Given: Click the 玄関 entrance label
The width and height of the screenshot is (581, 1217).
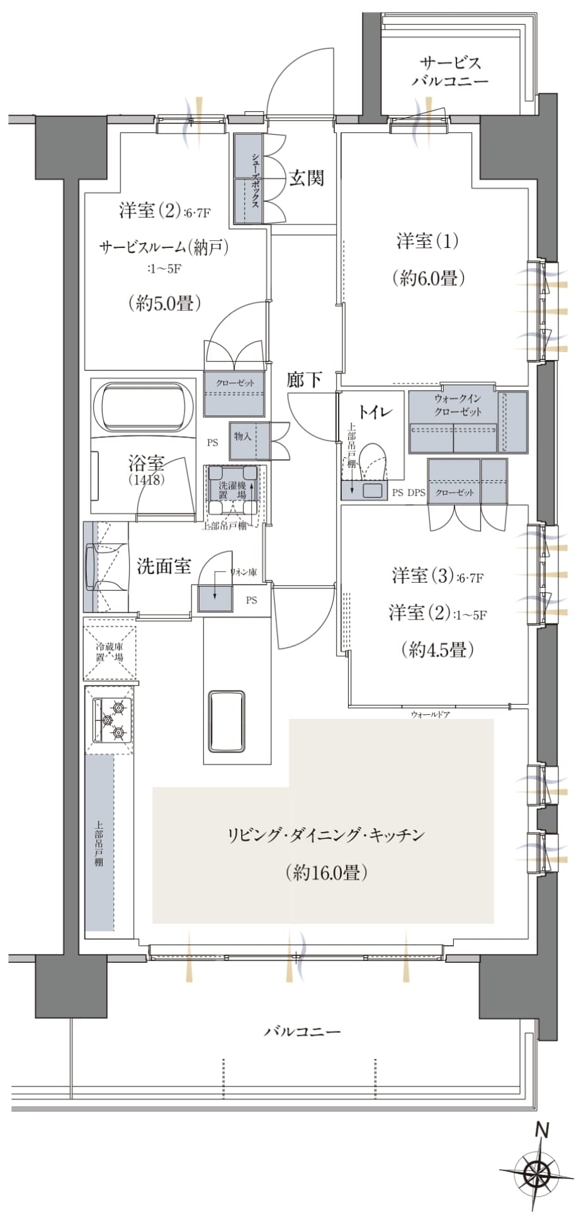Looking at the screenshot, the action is tap(307, 178).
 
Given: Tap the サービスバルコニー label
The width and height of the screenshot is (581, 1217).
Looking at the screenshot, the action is tap(450, 72).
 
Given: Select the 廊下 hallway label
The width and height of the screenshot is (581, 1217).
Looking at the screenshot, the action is tap(305, 379).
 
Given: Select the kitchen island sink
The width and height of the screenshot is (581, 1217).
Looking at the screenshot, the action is tap(227, 721).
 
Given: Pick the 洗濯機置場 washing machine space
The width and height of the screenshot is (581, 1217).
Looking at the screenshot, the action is tap(232, 491).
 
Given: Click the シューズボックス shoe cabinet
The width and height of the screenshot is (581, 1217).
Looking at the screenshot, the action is tap(248, 179).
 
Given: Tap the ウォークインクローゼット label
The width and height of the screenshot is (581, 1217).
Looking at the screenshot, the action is tap(458, 405).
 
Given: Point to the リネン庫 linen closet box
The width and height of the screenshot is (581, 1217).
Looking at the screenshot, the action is tap(216, 598).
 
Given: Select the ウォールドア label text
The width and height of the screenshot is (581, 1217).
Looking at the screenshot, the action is tap(430, 714).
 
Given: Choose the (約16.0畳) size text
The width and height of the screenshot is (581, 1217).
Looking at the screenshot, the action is tap(326, 872).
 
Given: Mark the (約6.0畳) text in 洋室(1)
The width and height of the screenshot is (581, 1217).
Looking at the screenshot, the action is tap(428, 278).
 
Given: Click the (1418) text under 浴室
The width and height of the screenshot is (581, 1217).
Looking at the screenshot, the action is tap(147, 480).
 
